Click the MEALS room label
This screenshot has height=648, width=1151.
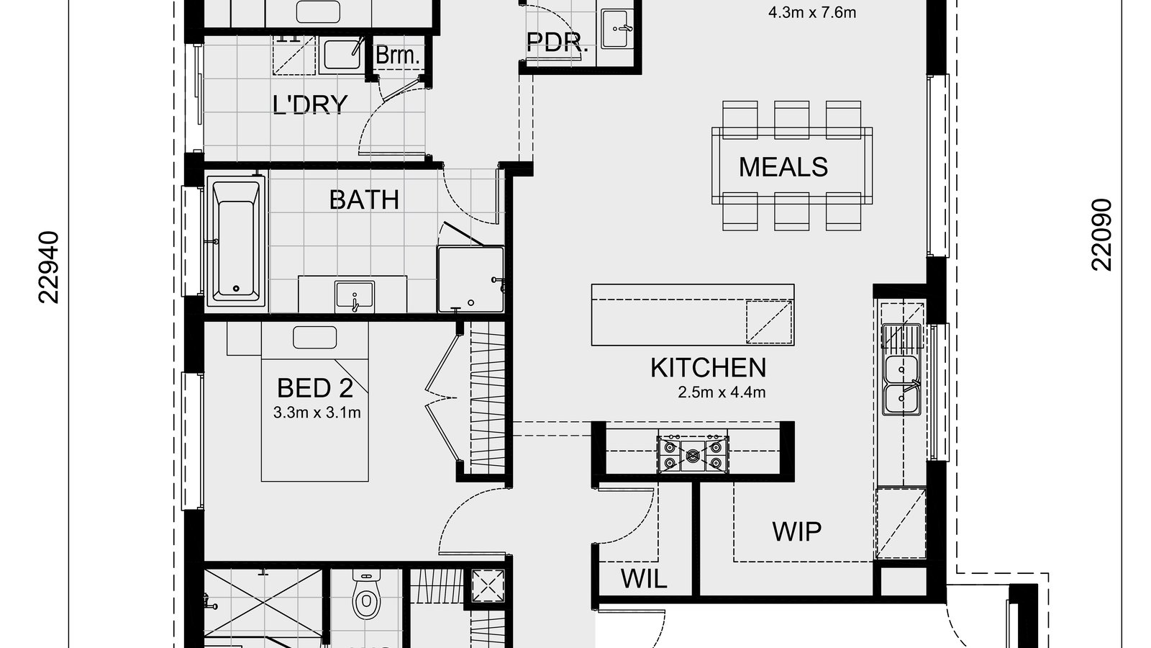[x=783, y=167]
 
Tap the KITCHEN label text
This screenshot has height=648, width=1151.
[x=708, y=368]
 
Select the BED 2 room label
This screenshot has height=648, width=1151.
[x=315, y=388]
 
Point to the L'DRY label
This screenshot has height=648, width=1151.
[x=310, y=105]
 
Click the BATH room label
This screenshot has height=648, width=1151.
[x=364, y=199]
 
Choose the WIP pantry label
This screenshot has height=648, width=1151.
[x=796, y=532]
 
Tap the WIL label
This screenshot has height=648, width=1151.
[x=644, y=578]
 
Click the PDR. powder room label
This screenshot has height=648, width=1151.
[x=558, y=42]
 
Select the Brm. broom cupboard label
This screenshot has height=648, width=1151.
[x=397, y=55]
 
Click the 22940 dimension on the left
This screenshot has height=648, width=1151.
[x=48, y=267]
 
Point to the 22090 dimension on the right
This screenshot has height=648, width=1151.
[x=1101, y=235]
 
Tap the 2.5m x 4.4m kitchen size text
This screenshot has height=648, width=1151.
[x=721, y=393]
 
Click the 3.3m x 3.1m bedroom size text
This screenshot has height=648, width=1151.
[x=317, y=413]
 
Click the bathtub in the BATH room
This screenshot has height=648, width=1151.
[x=235, y=241]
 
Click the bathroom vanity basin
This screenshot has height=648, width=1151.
[x=354, y=296]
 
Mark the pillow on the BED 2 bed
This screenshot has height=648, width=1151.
[x=315, y=337]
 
